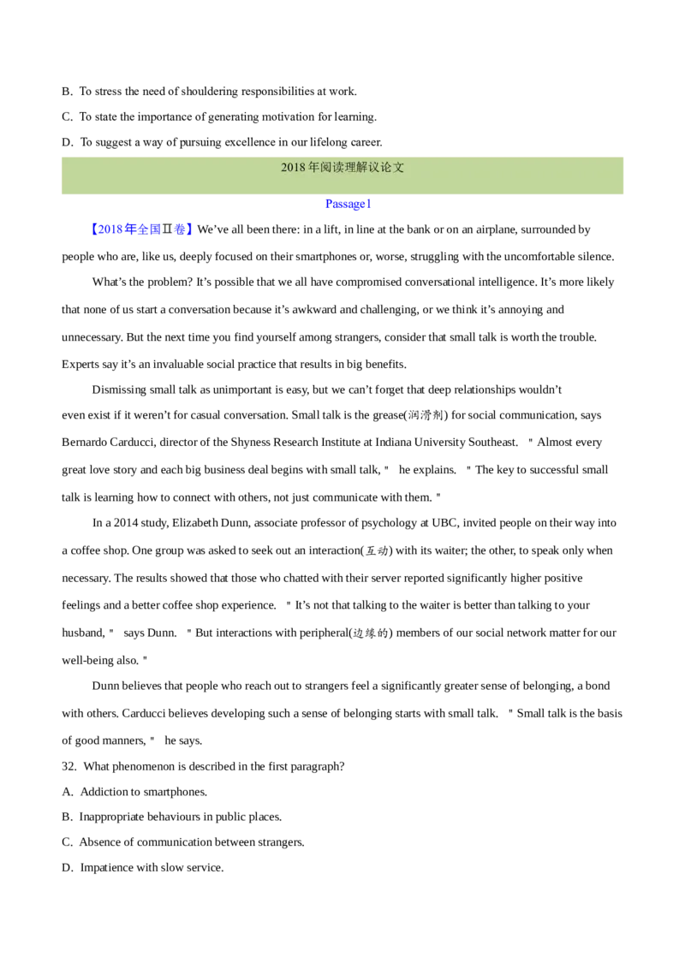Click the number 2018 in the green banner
click(294, 168)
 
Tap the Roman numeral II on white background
click(167, 229)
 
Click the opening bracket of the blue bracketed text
click(93, 229)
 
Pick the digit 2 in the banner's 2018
click(284, 168)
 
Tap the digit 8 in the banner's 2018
click(302, 168)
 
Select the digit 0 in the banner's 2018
click(290, 168)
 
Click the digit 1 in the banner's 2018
click(296, 168)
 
